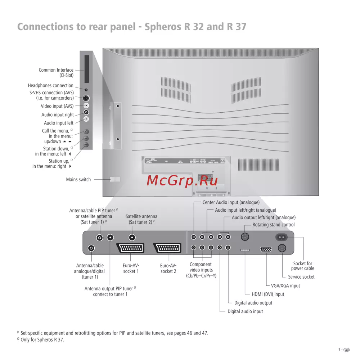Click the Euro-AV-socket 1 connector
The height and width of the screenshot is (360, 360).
click(x=130, y=248)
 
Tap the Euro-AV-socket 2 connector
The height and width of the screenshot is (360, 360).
click(x=167, y=248)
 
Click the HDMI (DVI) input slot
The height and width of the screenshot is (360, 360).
click(x=245, y=249)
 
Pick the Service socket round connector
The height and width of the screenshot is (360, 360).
click(x=282, y=248)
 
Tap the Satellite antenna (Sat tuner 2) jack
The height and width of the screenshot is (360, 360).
click(x=132, y=237)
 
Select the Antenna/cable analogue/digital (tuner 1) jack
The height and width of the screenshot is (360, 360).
click(x=91, y=248)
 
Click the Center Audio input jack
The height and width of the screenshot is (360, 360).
click(x=194, y=237)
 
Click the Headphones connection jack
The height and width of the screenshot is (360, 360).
click(x=86, y=89)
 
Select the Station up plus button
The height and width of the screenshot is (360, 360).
click(x=86, y=145)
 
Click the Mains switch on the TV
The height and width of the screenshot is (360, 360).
click(x=115, y=179)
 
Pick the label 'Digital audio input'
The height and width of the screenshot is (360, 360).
click(x=245, y=311)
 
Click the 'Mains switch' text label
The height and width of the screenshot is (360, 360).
click(x=78, y=179)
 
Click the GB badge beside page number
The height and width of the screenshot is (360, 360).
click(x=347, y=350)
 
